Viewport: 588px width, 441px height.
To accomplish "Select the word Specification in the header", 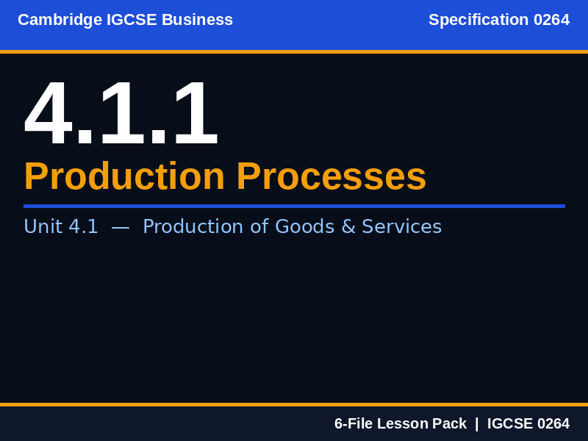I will coord(478,20).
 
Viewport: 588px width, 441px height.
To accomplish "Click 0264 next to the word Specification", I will coord(551,20).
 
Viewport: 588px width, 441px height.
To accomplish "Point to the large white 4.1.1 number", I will coord(121,114).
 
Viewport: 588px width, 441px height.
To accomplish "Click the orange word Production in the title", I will coord(124,176).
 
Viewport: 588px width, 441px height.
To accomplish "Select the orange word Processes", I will coord(331,176).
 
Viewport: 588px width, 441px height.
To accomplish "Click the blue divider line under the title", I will coord(294,206).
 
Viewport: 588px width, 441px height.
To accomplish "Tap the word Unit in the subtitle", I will coord(43,226).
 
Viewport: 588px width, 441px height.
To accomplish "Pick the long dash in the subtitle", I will coord(121,226).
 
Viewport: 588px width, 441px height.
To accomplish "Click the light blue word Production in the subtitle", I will coord(193,226).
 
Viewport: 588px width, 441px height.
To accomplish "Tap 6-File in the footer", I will coord(353,423).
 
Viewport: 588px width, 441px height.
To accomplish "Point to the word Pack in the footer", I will coord(451,423).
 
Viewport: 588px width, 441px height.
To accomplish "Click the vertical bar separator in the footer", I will coord(476,423).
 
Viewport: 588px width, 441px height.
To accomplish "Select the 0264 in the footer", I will coord(553,423).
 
